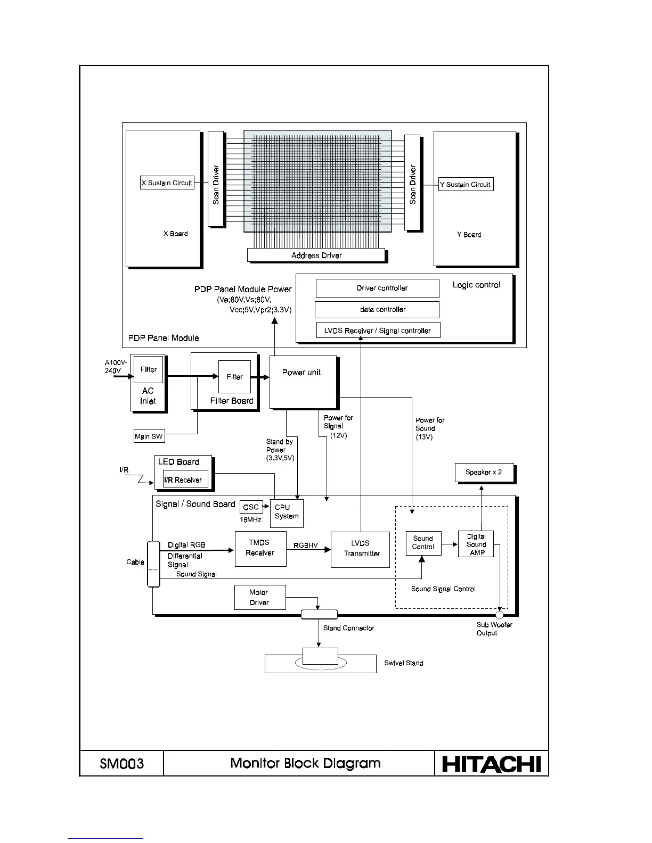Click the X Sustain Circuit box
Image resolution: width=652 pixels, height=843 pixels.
coord(167,183)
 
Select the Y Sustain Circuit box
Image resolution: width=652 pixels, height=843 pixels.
coord(466,184)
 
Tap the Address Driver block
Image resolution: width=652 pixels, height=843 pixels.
coord(316,255)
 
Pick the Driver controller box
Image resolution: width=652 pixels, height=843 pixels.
coord(377,288)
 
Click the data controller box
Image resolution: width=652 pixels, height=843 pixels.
coord(377,309)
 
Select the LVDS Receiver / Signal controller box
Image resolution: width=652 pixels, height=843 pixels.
coord(378,330)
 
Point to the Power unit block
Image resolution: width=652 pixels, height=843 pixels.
coord(303,382)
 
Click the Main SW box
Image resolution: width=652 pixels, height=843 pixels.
coord(149,436)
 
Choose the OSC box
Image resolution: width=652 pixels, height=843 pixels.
coord(251,507)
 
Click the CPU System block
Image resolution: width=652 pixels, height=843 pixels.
coord(287,513)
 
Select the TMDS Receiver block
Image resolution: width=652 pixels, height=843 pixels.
coord(260,548)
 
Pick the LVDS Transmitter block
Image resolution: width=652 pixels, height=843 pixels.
coord(360,549)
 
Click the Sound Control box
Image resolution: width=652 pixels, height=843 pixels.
coord(423,543)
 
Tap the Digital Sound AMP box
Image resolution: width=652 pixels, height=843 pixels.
coord(476,544)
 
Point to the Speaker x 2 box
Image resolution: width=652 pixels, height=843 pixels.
coord(484,473)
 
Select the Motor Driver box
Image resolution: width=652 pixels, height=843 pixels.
coord(259,597)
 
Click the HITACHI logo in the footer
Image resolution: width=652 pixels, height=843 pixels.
coord(491,764)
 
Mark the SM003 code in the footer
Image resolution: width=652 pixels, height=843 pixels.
coord(121,764)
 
